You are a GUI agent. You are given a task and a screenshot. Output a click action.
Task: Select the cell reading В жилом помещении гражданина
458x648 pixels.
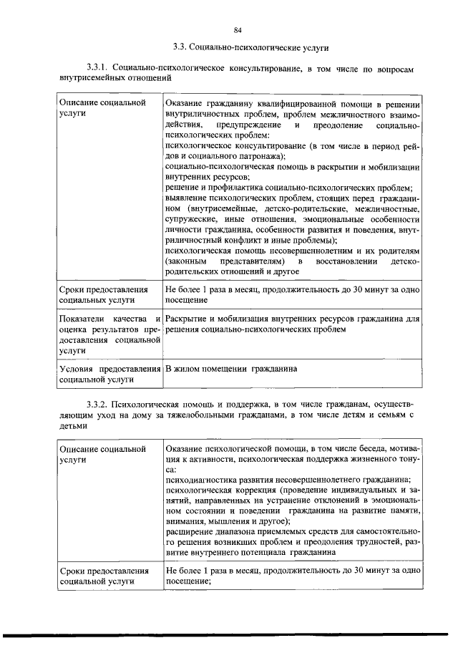click(x=230, y=368)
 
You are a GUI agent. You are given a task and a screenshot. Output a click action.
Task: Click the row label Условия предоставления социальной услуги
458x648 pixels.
click(x=108, y=374)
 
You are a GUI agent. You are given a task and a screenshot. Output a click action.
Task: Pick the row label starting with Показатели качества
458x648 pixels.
click(x=108, y=334)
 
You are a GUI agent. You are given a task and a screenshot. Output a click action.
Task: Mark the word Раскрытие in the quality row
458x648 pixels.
click(x=187, y=318)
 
